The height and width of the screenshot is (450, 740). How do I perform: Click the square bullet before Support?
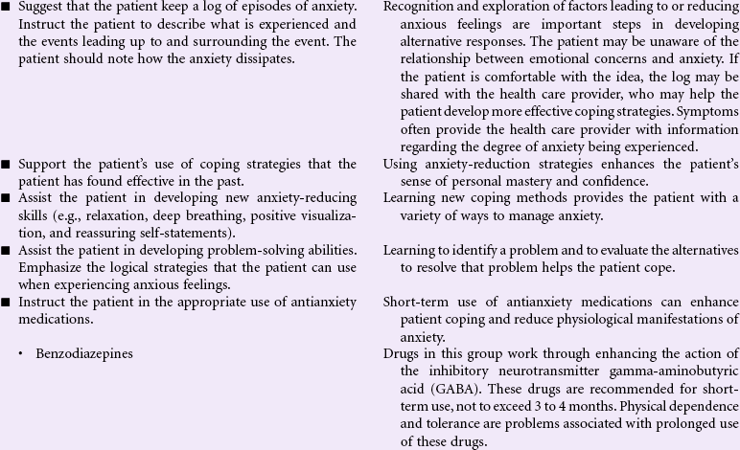(7, 165)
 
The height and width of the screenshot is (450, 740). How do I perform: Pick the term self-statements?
(186, 233)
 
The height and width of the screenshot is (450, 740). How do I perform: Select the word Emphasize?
(51, 267)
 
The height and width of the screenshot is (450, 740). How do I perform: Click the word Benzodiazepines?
(84, 353)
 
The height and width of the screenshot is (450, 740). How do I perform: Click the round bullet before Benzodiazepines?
(21, 354)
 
